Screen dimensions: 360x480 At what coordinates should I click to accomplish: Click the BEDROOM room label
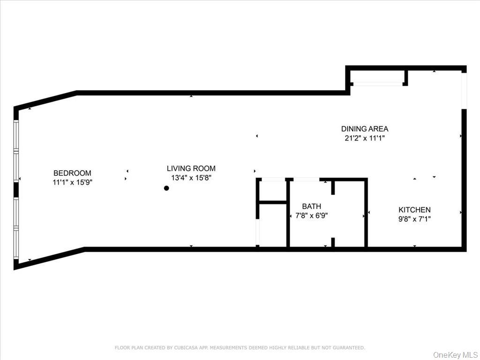tap(72, 173)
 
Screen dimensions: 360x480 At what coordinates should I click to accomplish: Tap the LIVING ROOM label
tap(191, 168)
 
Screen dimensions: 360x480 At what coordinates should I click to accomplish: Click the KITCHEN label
tap(414, 210)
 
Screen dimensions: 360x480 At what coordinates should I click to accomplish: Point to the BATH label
tap(312, 206)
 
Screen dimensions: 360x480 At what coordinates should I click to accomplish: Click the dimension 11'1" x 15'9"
tap(72, 182)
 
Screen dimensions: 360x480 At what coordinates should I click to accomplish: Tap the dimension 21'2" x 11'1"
tap(365, 138)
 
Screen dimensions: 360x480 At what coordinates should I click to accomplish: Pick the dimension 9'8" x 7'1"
tap(414, 218)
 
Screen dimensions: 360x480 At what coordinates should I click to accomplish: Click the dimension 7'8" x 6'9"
tap(312, 216)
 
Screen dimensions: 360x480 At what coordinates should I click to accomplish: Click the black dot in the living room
tap(166, 188)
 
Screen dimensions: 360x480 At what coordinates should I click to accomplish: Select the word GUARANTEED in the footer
tap(349, 348)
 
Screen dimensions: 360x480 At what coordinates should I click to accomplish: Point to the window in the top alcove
tap(377, 84)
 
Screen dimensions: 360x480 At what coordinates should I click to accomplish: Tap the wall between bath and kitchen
tap(366, 213)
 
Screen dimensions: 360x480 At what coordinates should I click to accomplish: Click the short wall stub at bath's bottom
tap(333, 242)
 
